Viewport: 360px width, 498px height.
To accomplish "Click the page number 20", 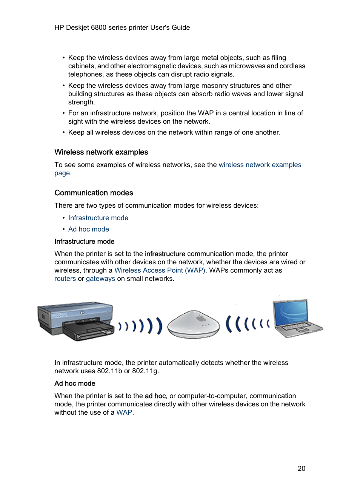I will pos(301,468).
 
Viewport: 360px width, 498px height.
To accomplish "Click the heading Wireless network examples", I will pos(101,152).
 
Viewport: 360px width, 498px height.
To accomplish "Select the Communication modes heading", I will pos(94,193).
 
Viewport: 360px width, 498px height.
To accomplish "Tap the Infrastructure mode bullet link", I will pos(98,218).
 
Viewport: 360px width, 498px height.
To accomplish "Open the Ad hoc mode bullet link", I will pos(89,229).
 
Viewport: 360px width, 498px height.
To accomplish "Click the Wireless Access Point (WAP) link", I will pos(160,270).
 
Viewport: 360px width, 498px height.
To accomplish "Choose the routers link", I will pos(65,279).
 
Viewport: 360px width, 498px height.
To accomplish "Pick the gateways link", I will pos(100,279).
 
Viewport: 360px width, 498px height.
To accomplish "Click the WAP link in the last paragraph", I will pos(124,412).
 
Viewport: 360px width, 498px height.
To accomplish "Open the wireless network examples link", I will pos(260,165).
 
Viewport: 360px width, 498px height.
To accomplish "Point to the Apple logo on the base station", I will pos(201,319).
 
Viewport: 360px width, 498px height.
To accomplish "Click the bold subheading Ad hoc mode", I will pos(75,383).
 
